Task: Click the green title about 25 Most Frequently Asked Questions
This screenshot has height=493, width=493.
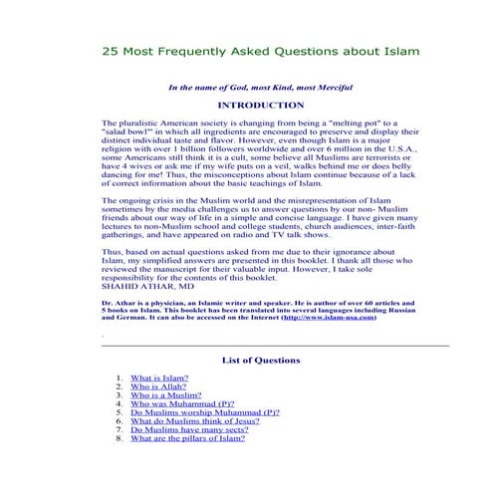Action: pos(260,49)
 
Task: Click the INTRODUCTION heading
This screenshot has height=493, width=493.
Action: pos(260,105)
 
